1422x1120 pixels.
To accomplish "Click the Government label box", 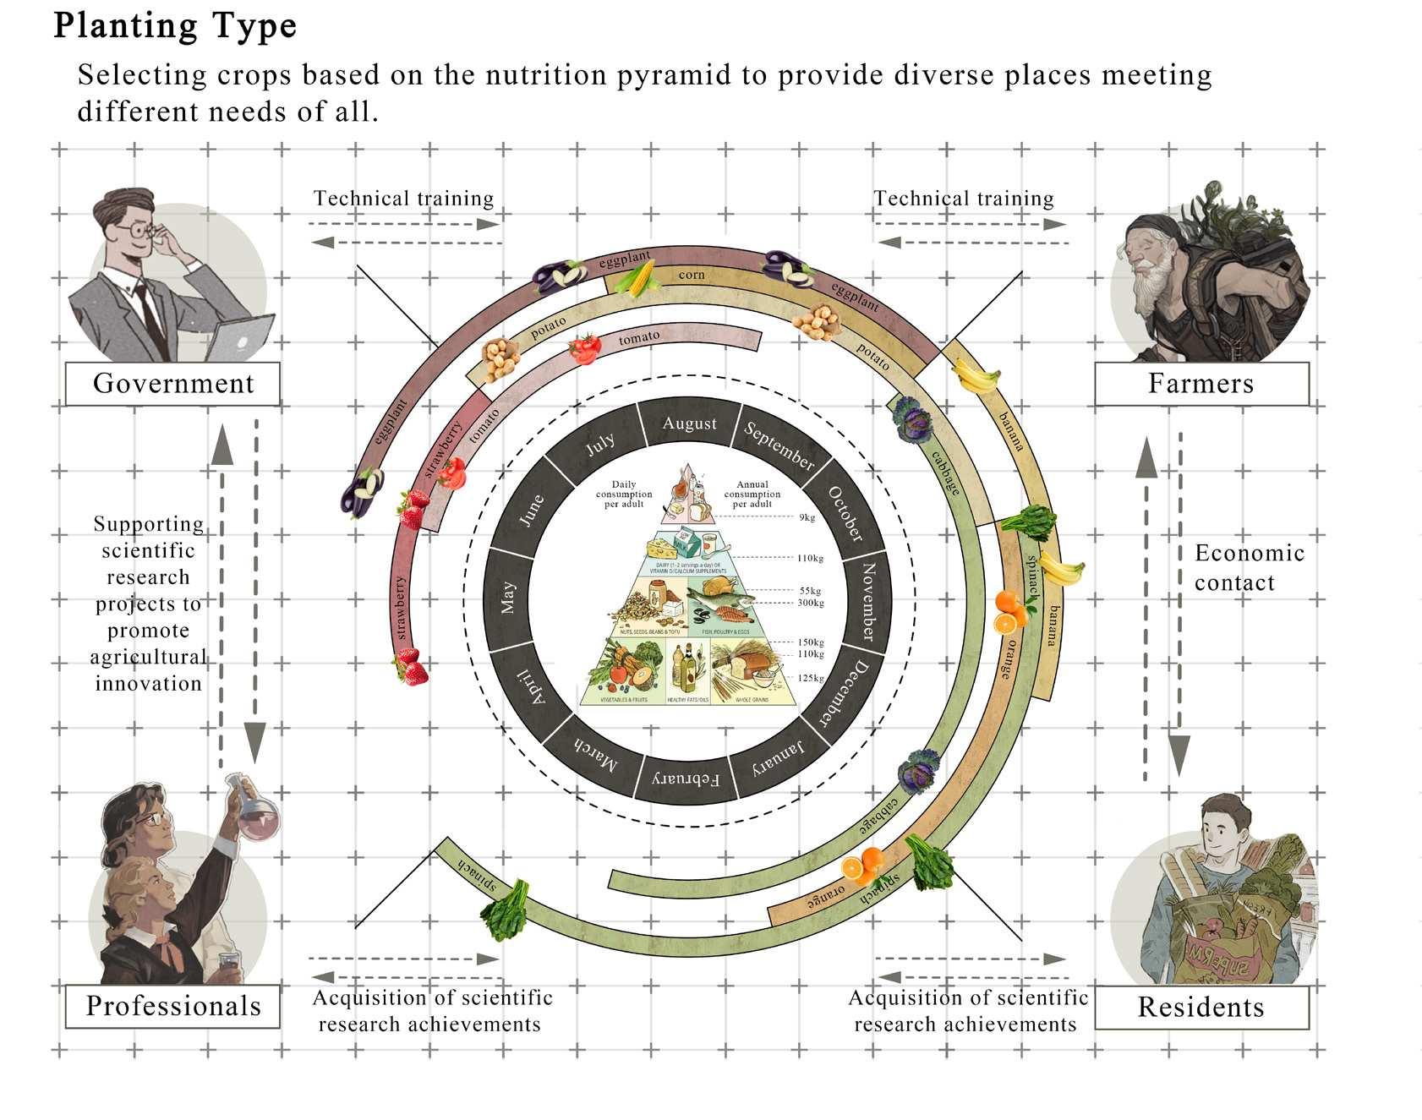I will coord(172,384).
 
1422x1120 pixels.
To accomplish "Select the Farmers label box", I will coord(1200,384).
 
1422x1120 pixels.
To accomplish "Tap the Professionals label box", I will coord(172,1006).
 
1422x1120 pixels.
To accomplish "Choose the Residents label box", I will coord(1200,1007).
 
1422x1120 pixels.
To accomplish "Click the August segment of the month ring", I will coord(689,423).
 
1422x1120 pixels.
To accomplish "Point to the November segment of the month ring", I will coord(867,601).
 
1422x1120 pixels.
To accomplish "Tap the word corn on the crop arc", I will coord(691,275).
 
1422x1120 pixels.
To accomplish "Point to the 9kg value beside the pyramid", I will coord(807,517).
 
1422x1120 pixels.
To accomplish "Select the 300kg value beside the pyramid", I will coord(810,603).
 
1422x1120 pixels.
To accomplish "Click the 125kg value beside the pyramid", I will coord(810,678).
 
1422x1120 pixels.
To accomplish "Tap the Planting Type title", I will coord(175,25).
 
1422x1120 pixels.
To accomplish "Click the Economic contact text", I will coord(1249,567).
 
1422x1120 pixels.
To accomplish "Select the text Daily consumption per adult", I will coord(624,494).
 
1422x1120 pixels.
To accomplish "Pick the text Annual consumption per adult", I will coord(752,494).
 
